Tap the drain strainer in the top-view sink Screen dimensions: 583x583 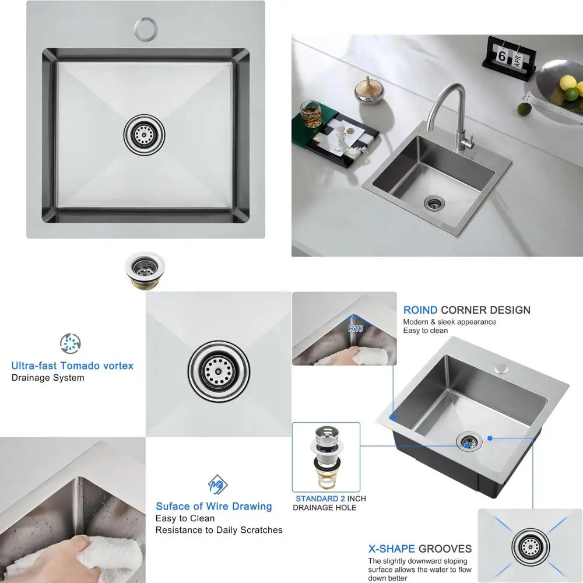click(x=144, y=134)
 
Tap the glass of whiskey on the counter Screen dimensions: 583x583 click(x=311, y=114)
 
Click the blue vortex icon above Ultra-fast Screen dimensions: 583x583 click(x=71, y=343)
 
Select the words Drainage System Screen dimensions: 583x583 click(x=48, y=378)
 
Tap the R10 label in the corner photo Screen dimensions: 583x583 click(x=355, y=328)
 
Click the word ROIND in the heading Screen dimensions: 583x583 click(x=420, y=310)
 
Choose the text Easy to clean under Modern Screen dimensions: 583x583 click(x=426, y=331)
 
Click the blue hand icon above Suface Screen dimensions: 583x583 click(x=217, y=484)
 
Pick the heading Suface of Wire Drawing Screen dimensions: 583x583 click(x=213, y=506)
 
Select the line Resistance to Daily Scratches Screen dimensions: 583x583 click(x=219, y=530)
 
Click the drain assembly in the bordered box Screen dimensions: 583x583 click(x=326, y=457)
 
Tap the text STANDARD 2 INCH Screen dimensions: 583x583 click(x=331, y=498)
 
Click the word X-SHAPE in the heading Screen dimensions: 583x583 click(x=391, y=549)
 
